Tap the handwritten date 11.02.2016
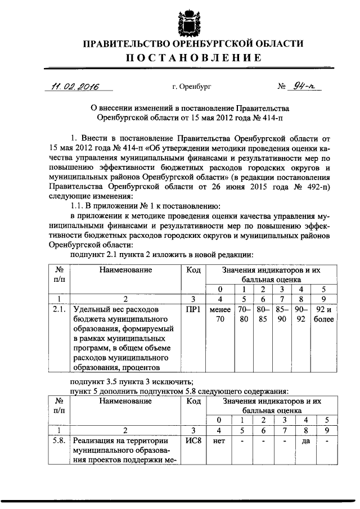click(x=72, y=87)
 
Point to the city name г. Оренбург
click(x=192, y=87)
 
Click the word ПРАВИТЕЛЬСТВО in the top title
click(x=127, y=43)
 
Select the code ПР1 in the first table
click(x=192, y=309)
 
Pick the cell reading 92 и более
click(x=324, y=314)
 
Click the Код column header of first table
click(x=192, y=271)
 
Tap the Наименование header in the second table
click(x=126, y=402)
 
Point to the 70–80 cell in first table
click(x=244, y=314)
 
